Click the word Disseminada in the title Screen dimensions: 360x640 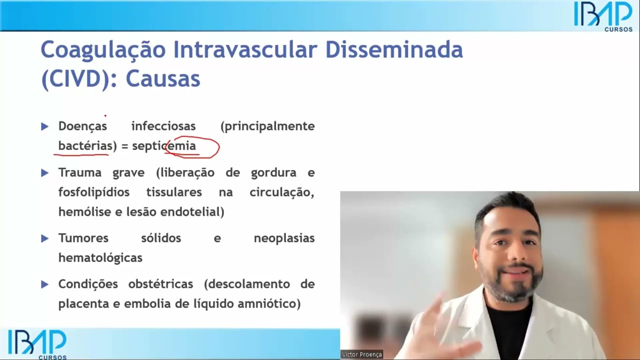pyautogui.click(x=394, y=50)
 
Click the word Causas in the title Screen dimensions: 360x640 pyautogui.click(x=162, y=79)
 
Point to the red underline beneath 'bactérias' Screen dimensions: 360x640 pyautogui.click(x=82, y=154)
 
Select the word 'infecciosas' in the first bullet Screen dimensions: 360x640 pyautogui.click(x=163, y=126)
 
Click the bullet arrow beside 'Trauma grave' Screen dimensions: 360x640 pyautogui.click(x=45, y=173)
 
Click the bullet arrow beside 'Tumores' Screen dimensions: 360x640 pyautogui.click(x=45, y=238)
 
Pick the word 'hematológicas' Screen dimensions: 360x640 pyautogui.click(x=100, y=258)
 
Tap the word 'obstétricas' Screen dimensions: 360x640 pyautogui.click(x=160, y=284)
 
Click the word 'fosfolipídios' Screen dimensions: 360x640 pyautogui.click(x=94, y=192)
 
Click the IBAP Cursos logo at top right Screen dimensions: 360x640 pyautogui.click(x=603, y=16)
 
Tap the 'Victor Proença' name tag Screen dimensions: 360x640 pyautogui.click(x=362, y=354)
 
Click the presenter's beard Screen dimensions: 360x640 pyautogui.click(x=510, y=285)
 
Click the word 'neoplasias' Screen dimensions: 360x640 pyautogui.click(x=284, y=238)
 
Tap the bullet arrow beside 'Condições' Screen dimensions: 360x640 pyautogui.click(x=45, y=284)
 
